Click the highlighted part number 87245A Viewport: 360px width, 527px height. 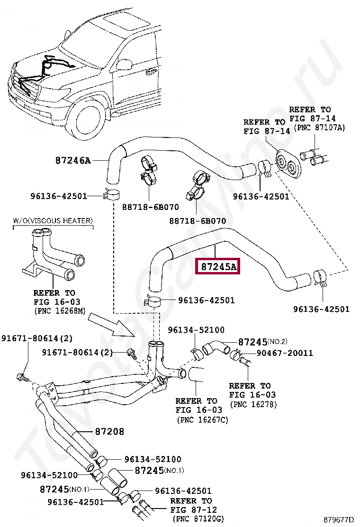point(218,267)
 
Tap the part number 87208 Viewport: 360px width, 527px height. point(109,431)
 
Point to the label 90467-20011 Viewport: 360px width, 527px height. point(285,353)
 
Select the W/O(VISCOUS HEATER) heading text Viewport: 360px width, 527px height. point(53,221)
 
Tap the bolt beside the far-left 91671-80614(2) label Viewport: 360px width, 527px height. point(21,377)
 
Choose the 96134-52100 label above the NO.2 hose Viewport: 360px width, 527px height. point(196,330)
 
